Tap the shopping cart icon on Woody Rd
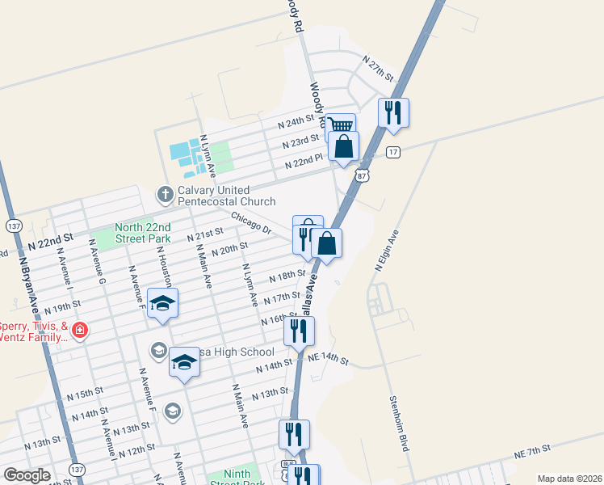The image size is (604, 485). click(342, 125)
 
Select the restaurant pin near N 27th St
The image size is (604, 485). click(393, 112)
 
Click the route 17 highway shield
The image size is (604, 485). click(392, 153)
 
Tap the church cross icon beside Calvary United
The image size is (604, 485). click(164, 194)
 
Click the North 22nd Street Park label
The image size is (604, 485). click(143, 234)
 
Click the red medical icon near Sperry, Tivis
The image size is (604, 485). click(79, 330)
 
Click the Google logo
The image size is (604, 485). click(27, 474)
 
